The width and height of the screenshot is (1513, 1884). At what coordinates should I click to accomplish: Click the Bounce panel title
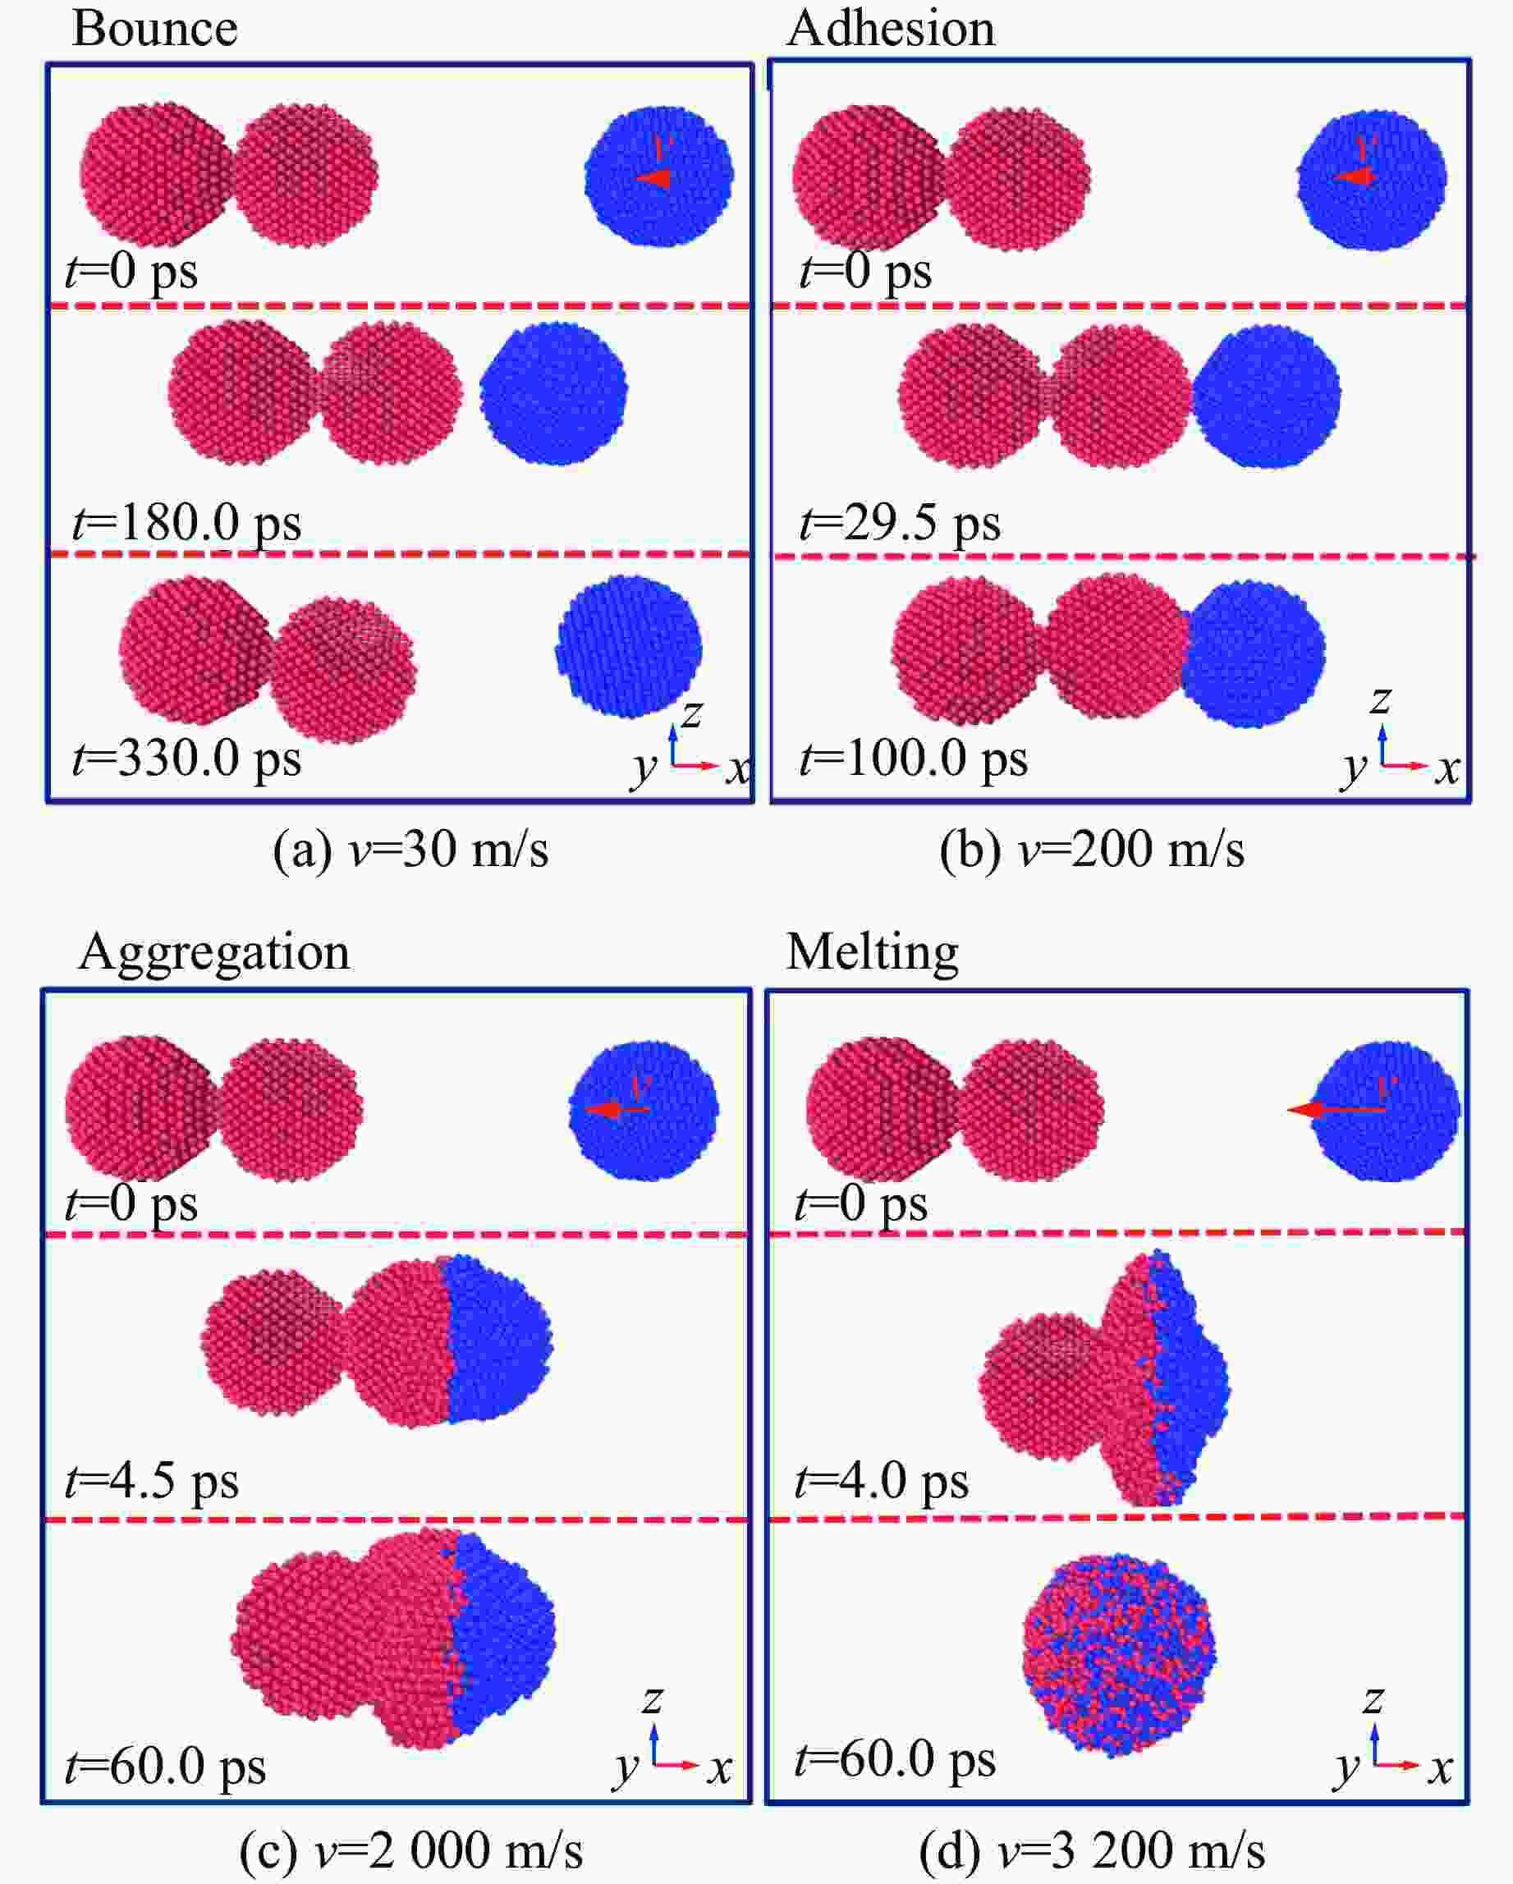[x=154, y=28]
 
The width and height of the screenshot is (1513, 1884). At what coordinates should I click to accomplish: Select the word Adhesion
[x=890, y=28]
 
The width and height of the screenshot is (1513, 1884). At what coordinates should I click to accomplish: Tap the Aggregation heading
[x=214, y=951]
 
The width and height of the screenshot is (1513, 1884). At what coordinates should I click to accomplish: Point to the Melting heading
[x=872, y=951]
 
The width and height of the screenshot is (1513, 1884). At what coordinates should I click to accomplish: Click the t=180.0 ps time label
[x=186, y=524]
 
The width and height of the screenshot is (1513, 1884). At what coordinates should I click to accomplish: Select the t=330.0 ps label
[x=186, y=758]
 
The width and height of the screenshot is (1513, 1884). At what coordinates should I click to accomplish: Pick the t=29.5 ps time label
[x=900, y=524]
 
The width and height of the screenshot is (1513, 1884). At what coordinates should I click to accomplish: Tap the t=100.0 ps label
[x=914, y=758]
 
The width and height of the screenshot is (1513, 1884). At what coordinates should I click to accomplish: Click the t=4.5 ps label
[x=151, y=1481]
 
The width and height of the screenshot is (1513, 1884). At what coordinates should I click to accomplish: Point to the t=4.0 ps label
[x=881, y=1481]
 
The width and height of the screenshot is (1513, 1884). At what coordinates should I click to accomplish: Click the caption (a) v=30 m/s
[x=410, y=850]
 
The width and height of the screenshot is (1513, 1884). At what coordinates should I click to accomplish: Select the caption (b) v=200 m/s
[x=1092, y=850]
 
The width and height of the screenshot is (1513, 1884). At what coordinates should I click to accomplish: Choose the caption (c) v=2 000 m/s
[x=410, y=1851]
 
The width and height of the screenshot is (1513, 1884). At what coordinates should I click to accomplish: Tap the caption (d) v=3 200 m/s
[x=1092, y=1851]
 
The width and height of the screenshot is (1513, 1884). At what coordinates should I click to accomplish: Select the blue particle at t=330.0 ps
[x=629, y=647]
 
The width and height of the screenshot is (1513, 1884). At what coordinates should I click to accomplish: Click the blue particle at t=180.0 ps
[x=553, y=393]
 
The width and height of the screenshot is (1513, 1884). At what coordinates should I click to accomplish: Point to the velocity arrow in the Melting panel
[x=1336, y=1110]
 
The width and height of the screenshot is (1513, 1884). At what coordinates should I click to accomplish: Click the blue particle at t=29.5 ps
[x=1267, y=396]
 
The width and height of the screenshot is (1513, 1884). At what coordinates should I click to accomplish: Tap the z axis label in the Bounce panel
[x=691, y=714]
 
